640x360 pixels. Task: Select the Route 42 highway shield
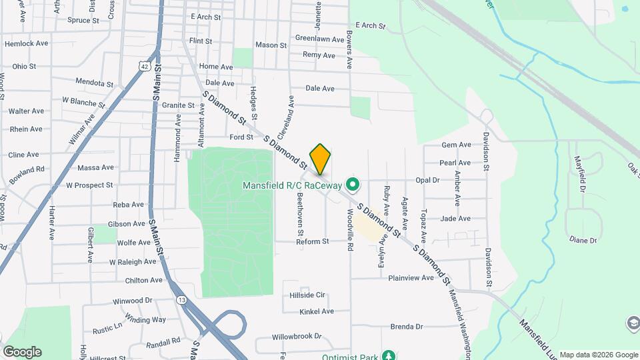point(145,66)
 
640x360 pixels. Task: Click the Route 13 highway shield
point(181,300)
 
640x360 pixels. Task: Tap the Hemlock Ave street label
point(27,43)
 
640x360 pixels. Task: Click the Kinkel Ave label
point(317,311)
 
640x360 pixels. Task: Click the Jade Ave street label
point(456,219)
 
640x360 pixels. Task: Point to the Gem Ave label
point(457,145)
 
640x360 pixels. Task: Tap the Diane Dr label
point(583,239)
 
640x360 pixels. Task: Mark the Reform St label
point(313,241)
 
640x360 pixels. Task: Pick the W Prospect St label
point(89,185)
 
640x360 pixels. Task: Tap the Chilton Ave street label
point(144,281)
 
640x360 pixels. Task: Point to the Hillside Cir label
point(307,295)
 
